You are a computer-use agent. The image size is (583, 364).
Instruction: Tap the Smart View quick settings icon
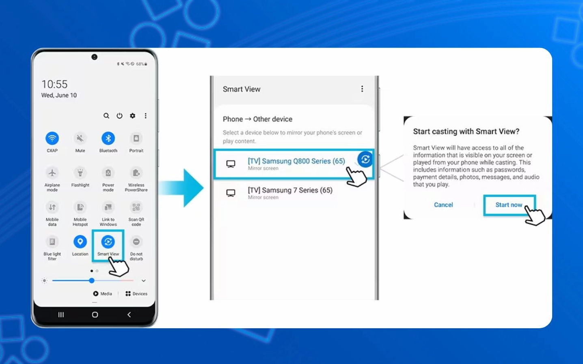(108, 242)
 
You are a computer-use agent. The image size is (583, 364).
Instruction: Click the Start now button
(509, 205)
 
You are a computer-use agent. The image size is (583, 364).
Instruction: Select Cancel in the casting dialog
(443, 205)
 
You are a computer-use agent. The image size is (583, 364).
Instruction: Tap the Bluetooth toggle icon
(108, 138)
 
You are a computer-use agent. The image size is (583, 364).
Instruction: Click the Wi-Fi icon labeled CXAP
(52, 138)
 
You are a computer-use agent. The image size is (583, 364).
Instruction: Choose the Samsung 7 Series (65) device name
(290, 191)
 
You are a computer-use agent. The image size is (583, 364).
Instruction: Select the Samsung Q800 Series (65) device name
(296, 161)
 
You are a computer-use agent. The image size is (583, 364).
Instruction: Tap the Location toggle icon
(80, 242)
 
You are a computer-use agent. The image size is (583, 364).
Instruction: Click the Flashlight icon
(80, 173)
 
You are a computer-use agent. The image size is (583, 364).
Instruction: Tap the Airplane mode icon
(52, 173)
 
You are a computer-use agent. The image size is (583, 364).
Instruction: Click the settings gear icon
(132, 116)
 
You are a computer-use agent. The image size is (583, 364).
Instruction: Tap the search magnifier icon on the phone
(106, 116)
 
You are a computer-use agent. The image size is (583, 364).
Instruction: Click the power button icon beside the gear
(119, 116)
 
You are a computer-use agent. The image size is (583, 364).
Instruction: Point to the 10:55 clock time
(54, 84)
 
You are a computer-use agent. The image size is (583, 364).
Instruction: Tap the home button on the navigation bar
(95, 315)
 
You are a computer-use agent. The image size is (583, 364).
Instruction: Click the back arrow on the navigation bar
(129, 315)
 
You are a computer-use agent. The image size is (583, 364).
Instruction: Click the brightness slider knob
(92, 281)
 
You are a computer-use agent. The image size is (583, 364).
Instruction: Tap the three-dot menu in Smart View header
(362, 89)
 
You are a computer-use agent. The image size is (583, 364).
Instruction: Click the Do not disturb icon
(136, 242)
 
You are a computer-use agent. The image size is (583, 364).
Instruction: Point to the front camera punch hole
(95, 57)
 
